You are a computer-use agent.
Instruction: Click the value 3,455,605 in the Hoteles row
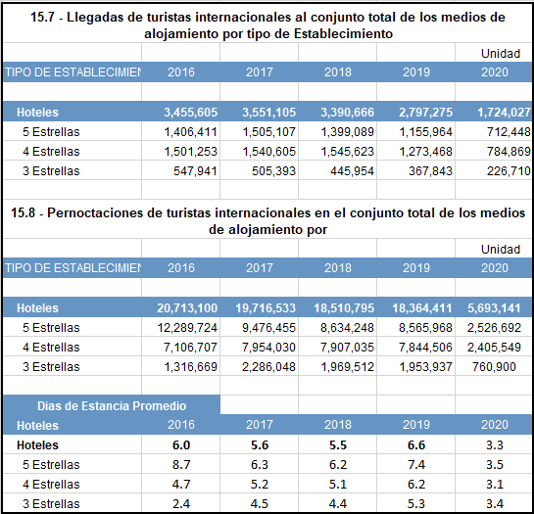tap(191, 113)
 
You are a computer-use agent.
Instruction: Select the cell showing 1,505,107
tap(269, 132)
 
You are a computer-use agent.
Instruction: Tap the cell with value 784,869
tap(509, 152)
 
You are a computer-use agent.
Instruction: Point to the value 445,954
tap(352, 171)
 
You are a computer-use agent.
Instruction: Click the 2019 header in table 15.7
tap(416, 72)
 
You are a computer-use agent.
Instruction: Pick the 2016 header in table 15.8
tap(181, 268)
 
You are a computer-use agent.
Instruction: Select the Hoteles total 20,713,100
tap(187, 308)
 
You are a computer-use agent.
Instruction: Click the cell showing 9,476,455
tap(269, 327)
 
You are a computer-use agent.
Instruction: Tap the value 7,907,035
tap(348, 348)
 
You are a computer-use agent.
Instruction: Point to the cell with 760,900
tap(494, 366)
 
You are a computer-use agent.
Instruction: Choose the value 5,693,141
tap(494, 308)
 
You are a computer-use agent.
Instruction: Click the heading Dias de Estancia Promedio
tap(112, 405)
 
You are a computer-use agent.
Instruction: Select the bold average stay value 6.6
tap(416, 444)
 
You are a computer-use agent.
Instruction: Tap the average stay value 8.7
tap(181, 465)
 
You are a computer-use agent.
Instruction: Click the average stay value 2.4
tap(181, 504)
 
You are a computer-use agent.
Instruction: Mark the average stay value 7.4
tap(416, 465)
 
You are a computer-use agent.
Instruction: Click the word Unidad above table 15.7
tap(501, 54)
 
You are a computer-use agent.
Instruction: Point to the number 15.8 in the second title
tap(24, 213)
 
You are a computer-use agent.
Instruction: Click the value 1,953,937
tap(425, 366)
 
